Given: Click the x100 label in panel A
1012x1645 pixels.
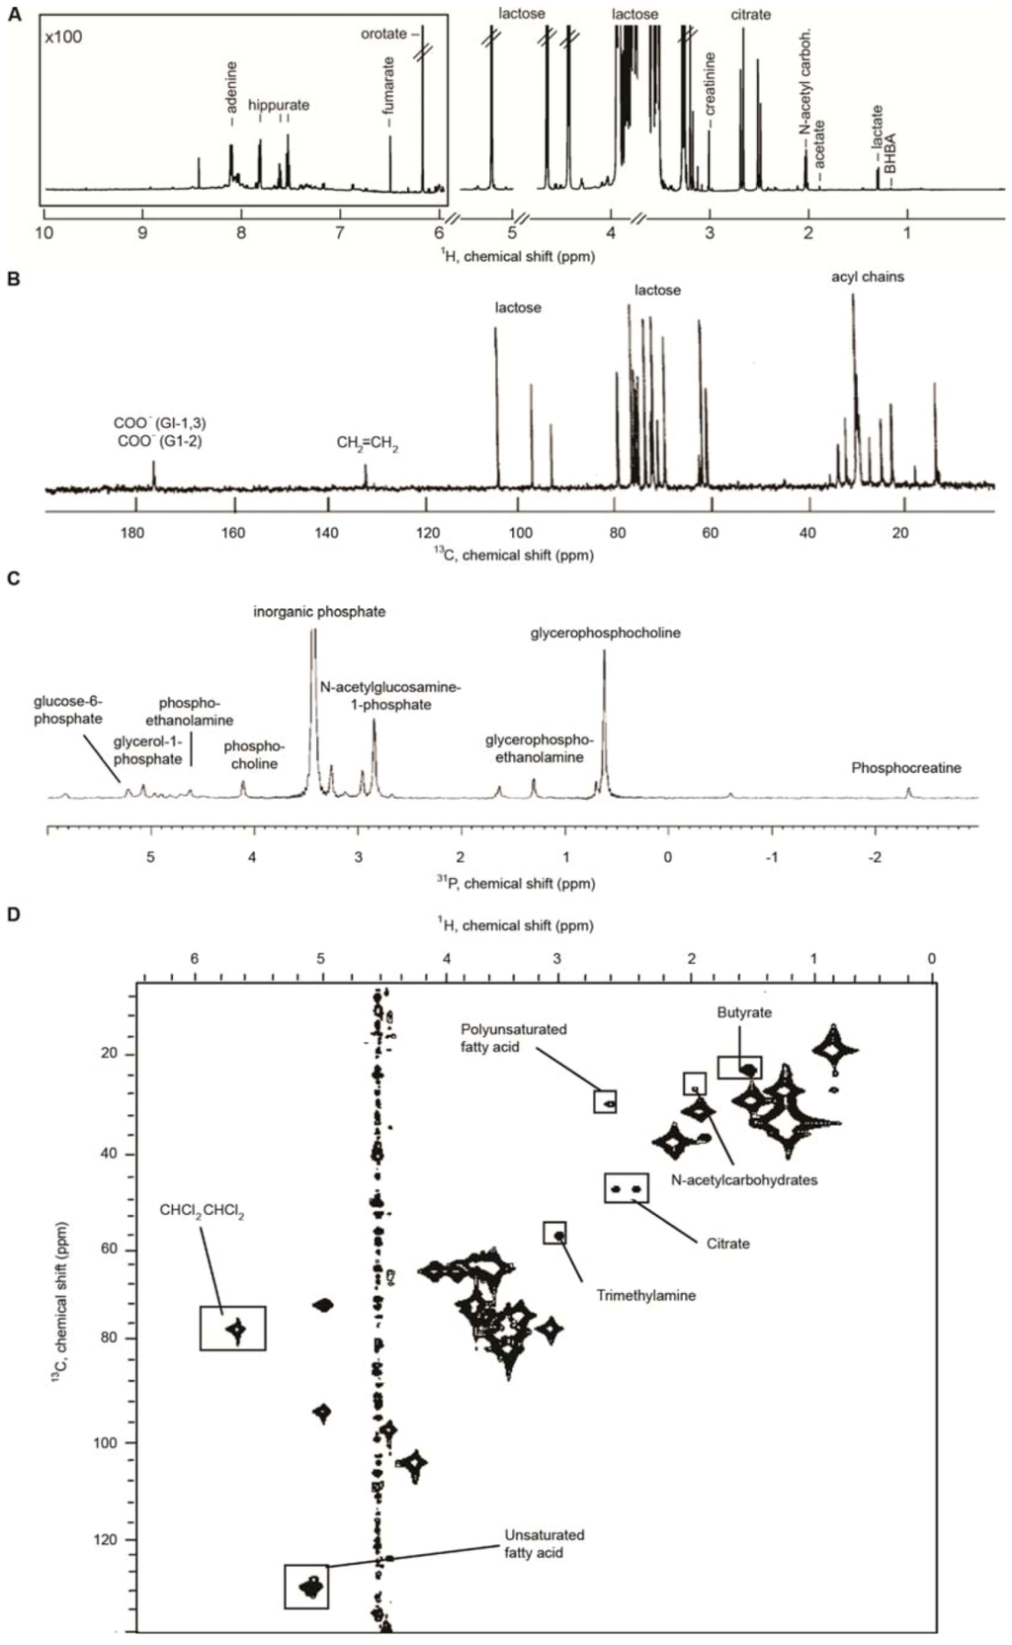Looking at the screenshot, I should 64,38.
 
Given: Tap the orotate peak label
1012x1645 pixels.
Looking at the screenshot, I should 383,34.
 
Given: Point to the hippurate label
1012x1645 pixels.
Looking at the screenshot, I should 278,105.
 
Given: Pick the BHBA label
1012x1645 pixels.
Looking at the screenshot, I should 890,154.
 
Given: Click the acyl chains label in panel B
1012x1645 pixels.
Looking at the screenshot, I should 867,277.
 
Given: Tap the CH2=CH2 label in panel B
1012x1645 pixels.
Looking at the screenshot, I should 367,444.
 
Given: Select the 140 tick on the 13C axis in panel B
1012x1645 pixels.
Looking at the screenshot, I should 326,534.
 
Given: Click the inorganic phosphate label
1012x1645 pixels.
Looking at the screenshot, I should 319,612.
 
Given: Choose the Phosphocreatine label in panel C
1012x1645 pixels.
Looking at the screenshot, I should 906,768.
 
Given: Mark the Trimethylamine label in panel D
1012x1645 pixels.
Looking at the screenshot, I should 645,1295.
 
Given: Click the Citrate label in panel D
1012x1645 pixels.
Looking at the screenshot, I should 727,1243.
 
